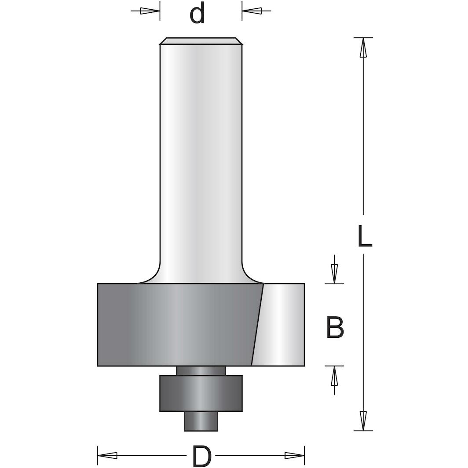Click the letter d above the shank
tap(197, 15)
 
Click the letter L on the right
tap(364, 236)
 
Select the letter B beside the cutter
tap(335, 328)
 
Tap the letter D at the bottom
tap(201, 456)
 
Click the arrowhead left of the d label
tap(150, 11)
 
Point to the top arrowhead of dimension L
tap(363, 48)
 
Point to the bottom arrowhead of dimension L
tap(363, 420)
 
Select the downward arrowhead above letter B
tap(334, 274)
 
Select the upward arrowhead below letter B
tap(334, 376)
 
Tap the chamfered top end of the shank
tap(201, 41)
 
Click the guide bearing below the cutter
tap(201, 393)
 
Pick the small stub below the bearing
tap(201, 421)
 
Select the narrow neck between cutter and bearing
tap(201, 370)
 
